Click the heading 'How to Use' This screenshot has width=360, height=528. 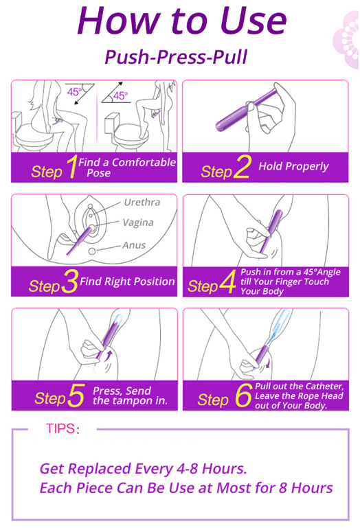coord(182,21)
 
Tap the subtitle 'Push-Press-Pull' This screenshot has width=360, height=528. coord(176,57)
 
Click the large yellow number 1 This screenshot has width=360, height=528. coord(72,166)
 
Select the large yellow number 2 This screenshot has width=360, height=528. coord(243,166)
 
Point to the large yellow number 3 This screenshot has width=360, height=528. coord(70,281)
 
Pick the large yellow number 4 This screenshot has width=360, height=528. coord(228,282)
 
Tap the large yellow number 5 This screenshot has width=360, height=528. coord(76,395)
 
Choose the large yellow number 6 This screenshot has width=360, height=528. coord(244,395)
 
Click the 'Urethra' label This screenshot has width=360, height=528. coord(142,202)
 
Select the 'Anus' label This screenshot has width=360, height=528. coord(134,245)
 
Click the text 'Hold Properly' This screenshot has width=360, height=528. coord(293,166)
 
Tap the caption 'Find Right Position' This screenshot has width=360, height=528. coord(127,282)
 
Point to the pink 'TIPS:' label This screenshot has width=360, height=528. coord(63,428)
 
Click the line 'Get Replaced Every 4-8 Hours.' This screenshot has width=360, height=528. coord(144,469)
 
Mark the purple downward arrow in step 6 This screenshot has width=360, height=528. coord(267,363)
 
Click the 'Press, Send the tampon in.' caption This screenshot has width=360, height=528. coord(130,395)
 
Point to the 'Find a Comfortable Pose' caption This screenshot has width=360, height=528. coord(127,168)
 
